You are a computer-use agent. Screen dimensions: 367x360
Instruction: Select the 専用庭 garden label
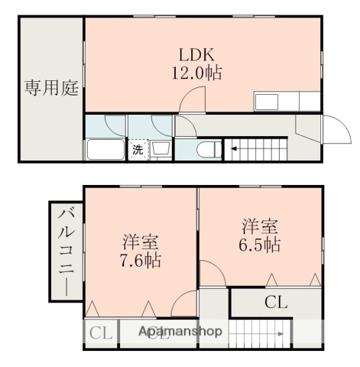point(50,87)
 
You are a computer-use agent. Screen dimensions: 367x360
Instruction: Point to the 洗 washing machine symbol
point(138,150)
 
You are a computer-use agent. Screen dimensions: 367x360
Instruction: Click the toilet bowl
point(206,150)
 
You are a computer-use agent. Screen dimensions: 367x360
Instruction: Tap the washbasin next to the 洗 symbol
point(161,149)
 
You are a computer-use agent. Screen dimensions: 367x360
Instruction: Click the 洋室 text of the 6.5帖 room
point(261,226)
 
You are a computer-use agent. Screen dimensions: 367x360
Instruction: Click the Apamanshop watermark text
point(180,332)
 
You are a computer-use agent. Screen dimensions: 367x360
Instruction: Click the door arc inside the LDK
point(193,100)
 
